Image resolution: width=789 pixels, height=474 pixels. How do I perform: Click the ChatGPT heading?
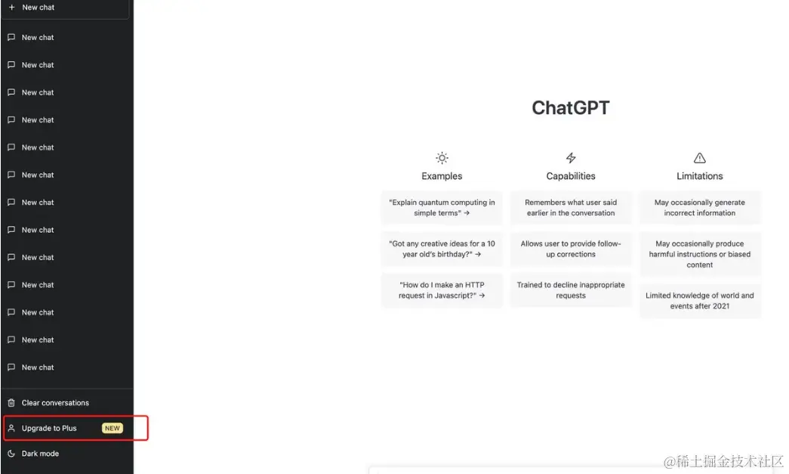coord(571,108)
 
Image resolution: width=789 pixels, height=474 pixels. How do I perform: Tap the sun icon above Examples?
coord(442,158)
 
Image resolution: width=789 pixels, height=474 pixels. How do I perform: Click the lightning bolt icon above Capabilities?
coord(571,158)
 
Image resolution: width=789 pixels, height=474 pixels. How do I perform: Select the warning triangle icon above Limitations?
coord(699,158)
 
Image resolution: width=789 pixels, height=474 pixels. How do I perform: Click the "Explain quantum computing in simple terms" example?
coord(442,208)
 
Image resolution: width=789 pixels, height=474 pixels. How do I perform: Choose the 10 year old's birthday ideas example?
coord(442,249)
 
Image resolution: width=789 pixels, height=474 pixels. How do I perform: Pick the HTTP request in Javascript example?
coord(442,290)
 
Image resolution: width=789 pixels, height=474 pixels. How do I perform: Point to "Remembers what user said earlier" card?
coord(571,208)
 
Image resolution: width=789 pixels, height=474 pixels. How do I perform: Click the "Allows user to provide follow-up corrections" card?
coord(571,249)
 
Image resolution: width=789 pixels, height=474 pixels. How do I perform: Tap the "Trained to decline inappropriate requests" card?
coord(571,290)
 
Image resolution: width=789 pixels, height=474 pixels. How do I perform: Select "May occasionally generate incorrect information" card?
coord(699,208)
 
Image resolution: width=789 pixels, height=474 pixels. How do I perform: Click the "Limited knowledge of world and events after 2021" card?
coord(699,301)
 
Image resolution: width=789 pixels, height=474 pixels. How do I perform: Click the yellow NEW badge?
coord(112,428)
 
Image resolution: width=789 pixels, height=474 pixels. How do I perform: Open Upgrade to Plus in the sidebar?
coord(49,428)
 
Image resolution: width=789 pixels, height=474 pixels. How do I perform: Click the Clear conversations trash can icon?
coord(11,402)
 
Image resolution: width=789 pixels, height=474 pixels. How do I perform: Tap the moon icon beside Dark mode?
coord(11,454)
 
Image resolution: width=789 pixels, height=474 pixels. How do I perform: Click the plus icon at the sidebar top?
coord(11,8)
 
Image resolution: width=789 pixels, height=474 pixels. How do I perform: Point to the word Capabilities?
coord(571,176)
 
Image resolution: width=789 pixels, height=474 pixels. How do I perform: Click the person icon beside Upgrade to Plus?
coord(11,428)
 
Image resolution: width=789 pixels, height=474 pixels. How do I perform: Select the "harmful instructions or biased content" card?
coord(699,254)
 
